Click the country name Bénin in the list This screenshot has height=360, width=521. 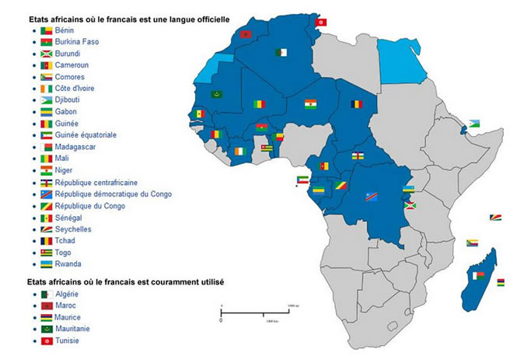pos(65,30)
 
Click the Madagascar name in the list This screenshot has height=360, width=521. pos(78,146)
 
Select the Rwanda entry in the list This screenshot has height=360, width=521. pos(69,264)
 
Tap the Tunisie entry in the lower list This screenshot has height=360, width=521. pos(68,340)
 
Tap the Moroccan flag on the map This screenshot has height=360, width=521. pos(248,35)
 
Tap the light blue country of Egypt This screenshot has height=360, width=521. pos(402,59)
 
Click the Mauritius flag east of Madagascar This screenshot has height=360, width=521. pos(500,281)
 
